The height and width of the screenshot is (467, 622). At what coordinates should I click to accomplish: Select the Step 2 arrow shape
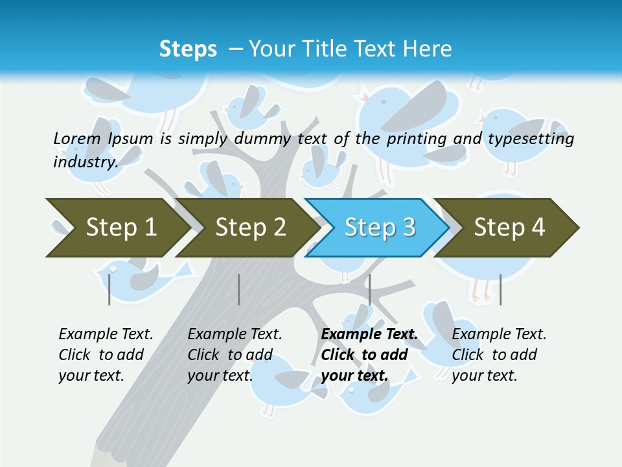click(x=249, y=228)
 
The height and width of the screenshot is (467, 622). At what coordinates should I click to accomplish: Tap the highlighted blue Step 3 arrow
click(x=379, y=228)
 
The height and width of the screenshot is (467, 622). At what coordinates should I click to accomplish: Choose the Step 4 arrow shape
click(x=509, y=228)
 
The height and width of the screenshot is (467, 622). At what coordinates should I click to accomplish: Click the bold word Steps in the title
click(x=188, y=49)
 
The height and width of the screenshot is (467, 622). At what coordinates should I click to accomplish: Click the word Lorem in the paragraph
click(x=76, y=138)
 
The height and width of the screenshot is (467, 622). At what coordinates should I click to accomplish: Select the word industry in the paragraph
click(x=86, y=162)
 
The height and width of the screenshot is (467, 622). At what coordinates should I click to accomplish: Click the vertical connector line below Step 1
click(x=109, y=289)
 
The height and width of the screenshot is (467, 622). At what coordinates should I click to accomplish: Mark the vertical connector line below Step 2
click(x=239, y=289)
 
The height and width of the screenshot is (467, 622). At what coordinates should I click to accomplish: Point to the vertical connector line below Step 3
click(x=369, y=289)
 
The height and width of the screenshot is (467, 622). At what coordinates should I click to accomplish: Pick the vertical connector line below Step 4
click(x=500, y=289)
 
